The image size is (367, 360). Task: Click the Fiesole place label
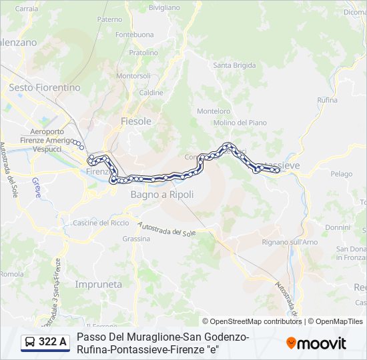pos(136,121)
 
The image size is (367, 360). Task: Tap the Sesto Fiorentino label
pos(45,87)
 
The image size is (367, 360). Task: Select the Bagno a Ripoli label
pos(162,195)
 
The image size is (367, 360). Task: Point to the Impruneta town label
pos(99,284)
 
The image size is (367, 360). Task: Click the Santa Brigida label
pos(234,65)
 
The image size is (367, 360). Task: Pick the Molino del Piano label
pos(240,123)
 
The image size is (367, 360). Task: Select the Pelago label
pos(341,174)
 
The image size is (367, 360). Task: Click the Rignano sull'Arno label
pos(290,241)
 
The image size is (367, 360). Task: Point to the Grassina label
pos(136,239)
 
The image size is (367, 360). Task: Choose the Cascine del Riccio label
pos(101,223)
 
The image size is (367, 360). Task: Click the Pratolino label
pos(143,53)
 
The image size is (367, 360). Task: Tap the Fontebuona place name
pos(135,35)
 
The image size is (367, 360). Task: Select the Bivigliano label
pos(164,7)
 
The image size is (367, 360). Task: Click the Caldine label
pos(151,93)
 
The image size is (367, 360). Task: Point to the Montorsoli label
pos(133,76)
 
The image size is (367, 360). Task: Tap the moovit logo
pos(316,343)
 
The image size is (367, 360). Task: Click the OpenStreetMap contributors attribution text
pos(252,321)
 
